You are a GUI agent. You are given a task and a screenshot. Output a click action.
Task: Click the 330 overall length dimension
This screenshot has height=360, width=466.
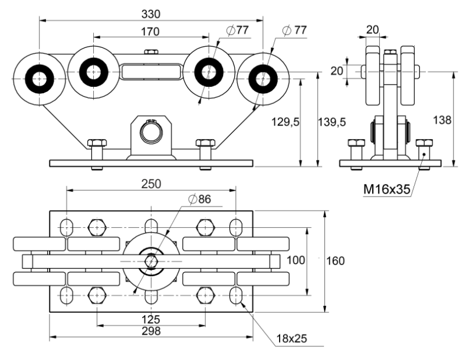tap(152, 13)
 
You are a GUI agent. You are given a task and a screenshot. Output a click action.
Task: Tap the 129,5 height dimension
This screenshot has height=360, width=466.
tap(284, 121)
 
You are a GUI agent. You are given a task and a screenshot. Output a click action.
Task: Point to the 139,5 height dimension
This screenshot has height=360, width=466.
tap(331, 121)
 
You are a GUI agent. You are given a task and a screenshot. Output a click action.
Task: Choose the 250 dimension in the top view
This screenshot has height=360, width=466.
tap(152, 184)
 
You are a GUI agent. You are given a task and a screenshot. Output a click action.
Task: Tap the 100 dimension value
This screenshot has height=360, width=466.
tap(296, 260)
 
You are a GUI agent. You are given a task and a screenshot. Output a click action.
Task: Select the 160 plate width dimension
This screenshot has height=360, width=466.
tap(335, 260)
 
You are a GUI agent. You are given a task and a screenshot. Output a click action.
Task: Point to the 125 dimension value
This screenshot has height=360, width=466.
tap(152, 319)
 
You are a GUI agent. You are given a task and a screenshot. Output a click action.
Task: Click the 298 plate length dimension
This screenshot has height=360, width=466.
tap(152, 331)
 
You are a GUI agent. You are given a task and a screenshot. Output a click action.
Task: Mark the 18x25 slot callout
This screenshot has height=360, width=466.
tap(291, 339)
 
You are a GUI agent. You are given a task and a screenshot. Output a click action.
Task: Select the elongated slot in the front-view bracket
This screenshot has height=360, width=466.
tap(151, 72)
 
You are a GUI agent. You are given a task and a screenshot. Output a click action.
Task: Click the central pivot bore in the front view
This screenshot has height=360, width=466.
tap(151, 131)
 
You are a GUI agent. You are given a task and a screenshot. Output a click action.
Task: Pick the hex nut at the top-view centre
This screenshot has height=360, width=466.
tap(151, 260)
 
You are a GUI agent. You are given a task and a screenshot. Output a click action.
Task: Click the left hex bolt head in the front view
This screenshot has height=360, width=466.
tap(97, 143)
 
